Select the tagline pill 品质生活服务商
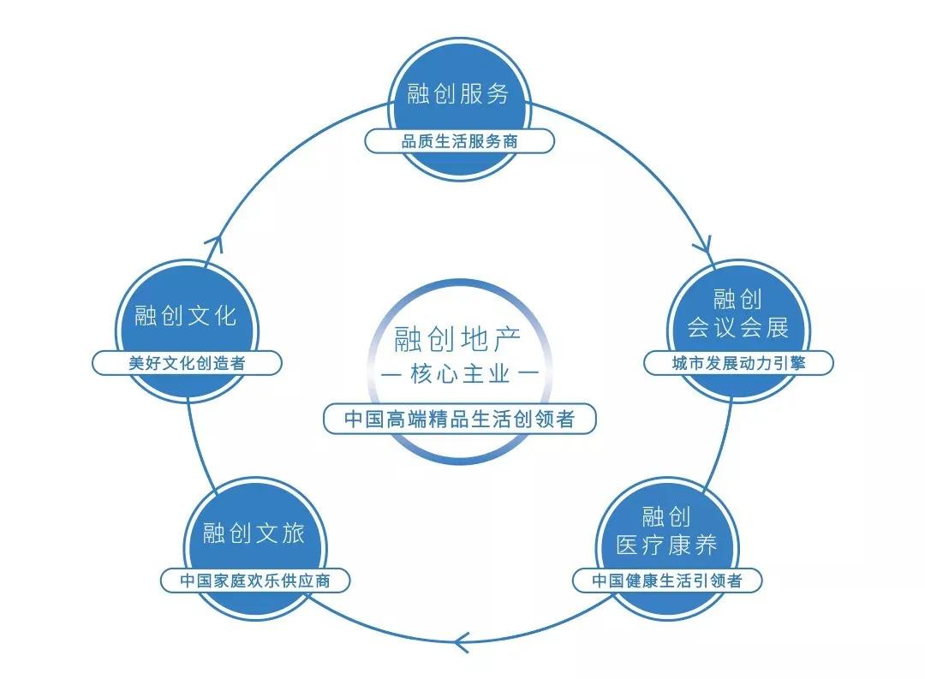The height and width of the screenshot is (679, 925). point(459,141)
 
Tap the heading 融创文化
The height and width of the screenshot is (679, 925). point(185,315)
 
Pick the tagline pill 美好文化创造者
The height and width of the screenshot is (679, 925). point(187,363)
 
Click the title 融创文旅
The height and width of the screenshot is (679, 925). point(254,533)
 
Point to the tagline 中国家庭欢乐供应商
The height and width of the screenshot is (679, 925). point(255,581)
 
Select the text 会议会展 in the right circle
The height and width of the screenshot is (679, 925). point(737,327)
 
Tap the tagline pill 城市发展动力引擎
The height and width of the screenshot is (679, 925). point(737,363)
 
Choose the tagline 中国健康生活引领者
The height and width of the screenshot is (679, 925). point(667,581)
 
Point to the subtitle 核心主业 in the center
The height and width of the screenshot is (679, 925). point(458,374)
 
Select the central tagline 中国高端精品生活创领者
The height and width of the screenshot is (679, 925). point(458,420)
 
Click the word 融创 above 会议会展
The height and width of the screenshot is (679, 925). point(737,299)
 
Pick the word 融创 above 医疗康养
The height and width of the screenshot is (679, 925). point(666,516)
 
